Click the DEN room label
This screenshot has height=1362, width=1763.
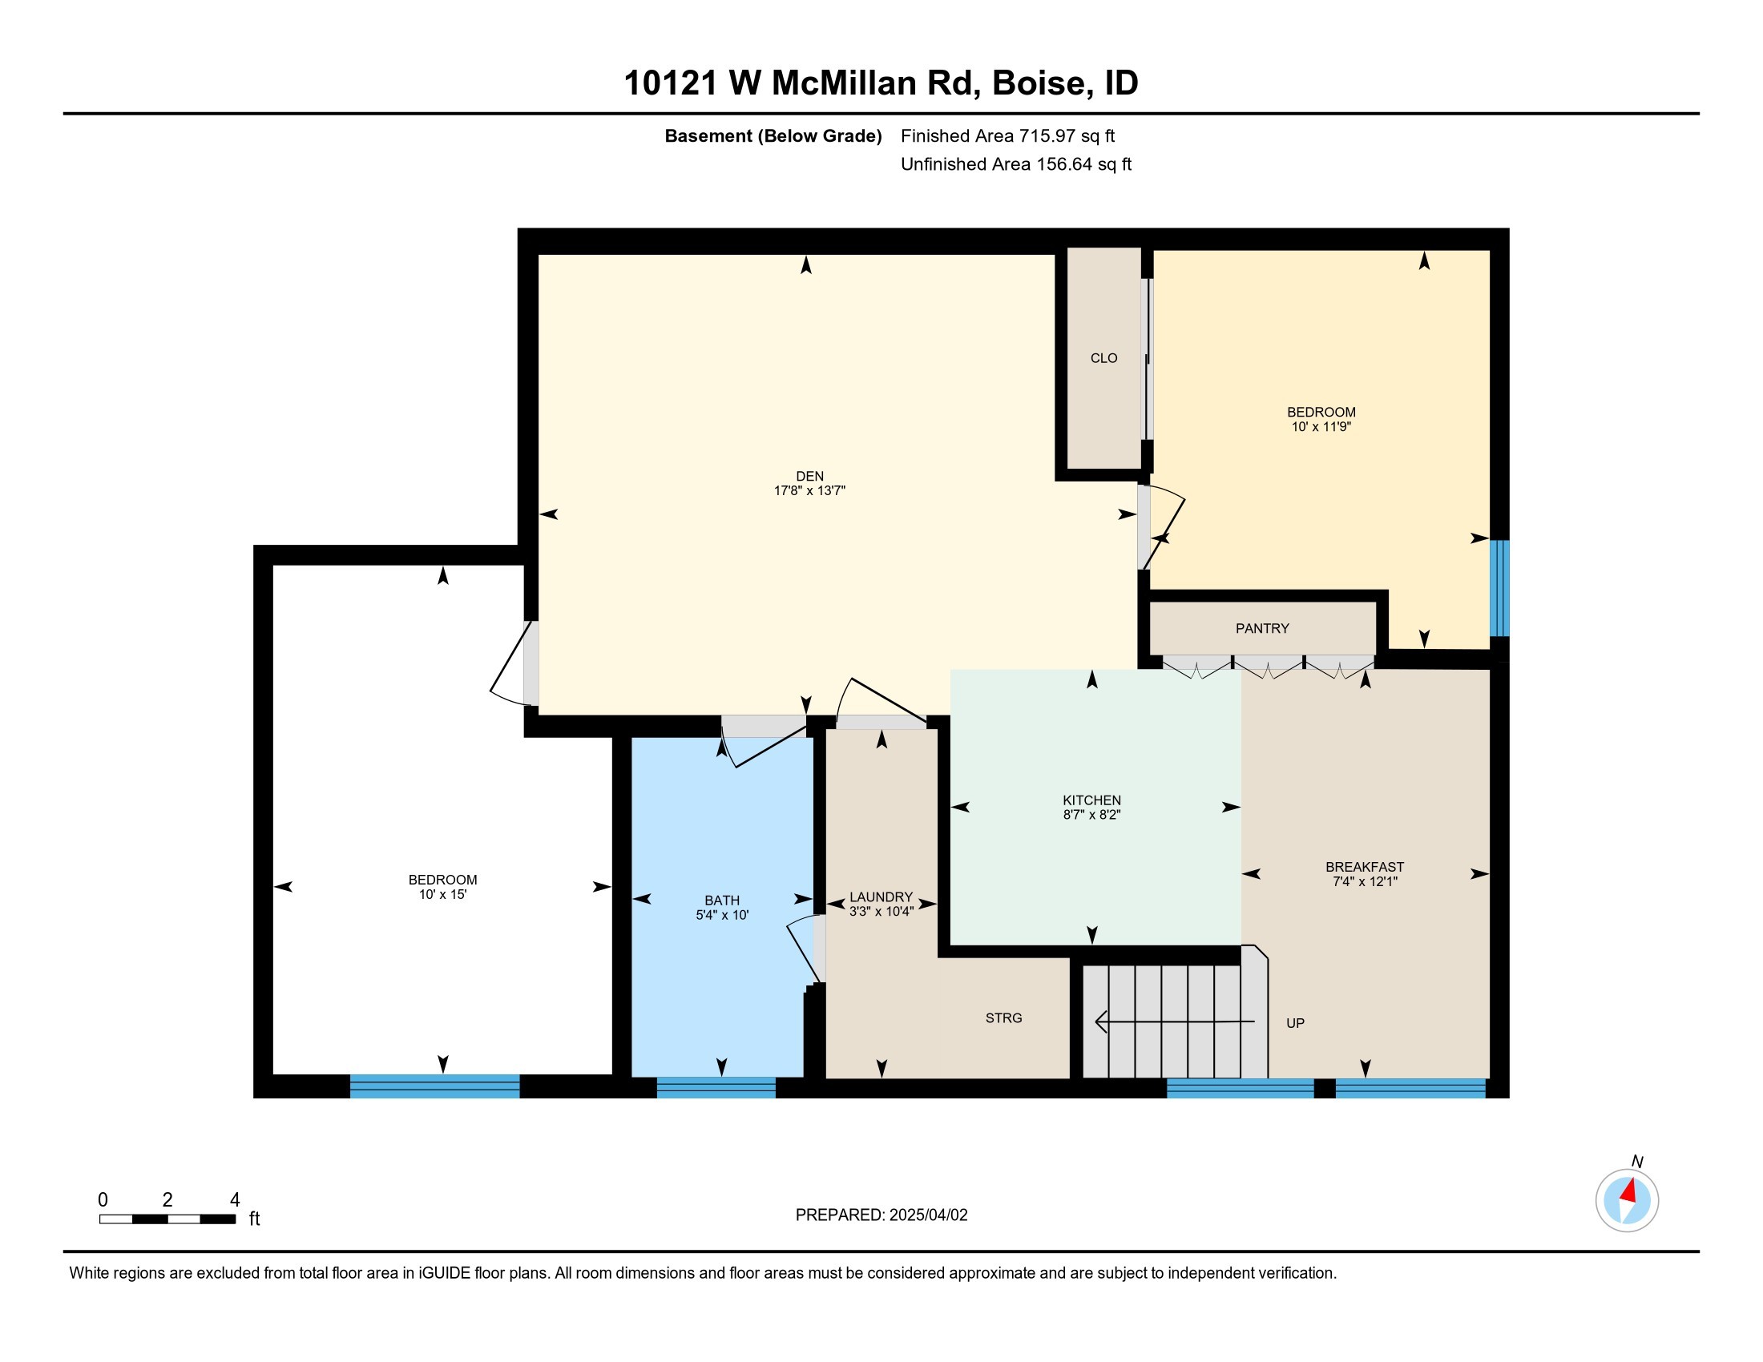click(809, 476)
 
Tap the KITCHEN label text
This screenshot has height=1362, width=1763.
click(1091, 800)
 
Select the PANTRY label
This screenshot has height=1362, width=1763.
click(1262, 629)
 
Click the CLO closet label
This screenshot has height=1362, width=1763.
click(1103, 358)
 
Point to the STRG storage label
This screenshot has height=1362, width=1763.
click(1003, 1018)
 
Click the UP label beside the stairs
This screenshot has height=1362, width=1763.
click(1295, 1023)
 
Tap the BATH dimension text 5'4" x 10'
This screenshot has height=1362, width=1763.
click(723, 915)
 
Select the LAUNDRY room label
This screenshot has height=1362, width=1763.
click(881, 897)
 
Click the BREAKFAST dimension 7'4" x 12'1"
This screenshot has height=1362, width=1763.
click(1365, 882)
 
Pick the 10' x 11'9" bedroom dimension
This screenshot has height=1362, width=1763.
click(1321, 427)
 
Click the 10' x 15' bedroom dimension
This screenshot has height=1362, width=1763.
click(442, 895)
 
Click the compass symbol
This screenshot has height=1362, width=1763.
click(1628, 1201)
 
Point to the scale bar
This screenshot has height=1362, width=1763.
click(168, 1219)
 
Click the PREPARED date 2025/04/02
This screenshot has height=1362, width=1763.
click(928, 1215)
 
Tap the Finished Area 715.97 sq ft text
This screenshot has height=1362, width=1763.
click(1007, 136)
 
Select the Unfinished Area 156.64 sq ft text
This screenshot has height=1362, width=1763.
click(1015, 164)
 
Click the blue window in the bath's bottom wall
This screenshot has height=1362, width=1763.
click(716, 1088)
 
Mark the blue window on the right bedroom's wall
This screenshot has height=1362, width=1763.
click(1499, 588)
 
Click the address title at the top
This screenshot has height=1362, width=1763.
click(881, 83)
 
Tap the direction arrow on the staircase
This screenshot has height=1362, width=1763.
click(1175, 1022)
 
